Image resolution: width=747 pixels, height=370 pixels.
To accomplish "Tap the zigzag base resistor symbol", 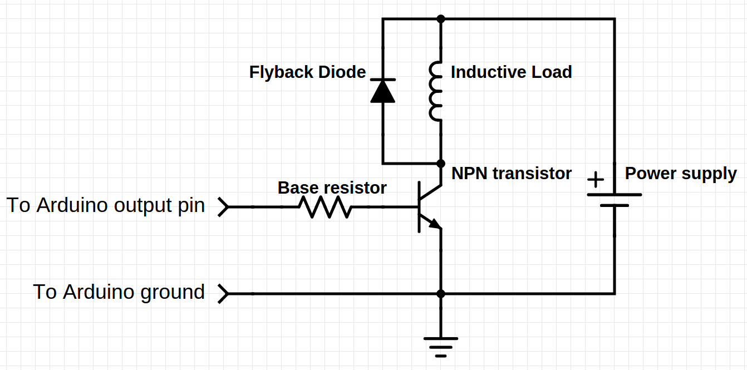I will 325,207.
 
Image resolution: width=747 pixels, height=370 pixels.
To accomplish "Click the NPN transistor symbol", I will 429,207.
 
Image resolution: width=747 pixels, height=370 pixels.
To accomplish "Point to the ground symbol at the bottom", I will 441,346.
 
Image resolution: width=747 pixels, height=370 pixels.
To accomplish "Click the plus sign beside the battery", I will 596,180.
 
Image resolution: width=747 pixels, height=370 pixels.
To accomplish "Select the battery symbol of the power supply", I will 615,200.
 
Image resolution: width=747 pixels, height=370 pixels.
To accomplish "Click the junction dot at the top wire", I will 441,19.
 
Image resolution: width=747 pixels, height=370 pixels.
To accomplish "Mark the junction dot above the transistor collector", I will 441,164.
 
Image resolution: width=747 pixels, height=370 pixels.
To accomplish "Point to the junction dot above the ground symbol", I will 441,293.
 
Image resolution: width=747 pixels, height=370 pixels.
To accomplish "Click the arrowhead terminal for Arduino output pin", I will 223,207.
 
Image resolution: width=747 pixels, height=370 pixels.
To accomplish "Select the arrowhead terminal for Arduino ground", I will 223,293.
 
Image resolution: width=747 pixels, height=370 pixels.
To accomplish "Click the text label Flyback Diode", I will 307,72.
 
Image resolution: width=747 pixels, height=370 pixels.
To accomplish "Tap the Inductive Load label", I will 511,72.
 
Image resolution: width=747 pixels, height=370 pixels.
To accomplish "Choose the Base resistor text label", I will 332,188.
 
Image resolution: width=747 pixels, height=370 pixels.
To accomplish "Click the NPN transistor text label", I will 511,174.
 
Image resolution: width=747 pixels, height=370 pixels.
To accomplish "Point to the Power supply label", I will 680,174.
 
